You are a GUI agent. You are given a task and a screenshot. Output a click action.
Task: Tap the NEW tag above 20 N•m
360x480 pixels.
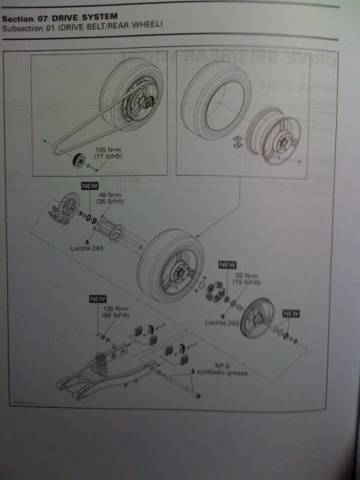[x=228, y=264]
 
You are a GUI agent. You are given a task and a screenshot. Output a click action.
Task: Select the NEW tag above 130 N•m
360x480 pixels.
[x=98, y=300]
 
